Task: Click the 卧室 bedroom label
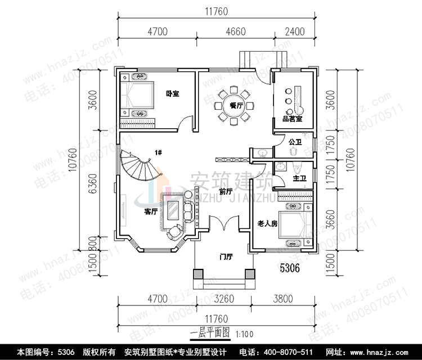point(173,93)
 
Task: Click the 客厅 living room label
point(150,211)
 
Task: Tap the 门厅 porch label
point(226,256)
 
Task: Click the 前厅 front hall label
point(226,192)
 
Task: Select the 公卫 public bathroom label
point(295,142)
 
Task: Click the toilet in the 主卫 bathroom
point(296,166)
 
